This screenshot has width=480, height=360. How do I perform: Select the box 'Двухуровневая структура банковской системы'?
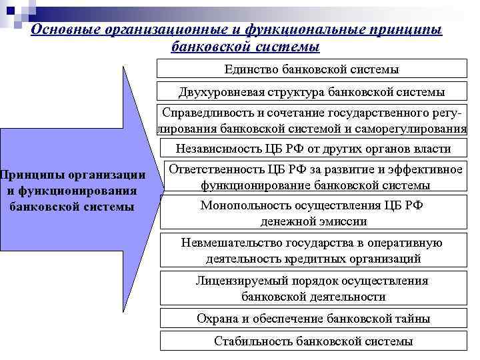click(312, 93)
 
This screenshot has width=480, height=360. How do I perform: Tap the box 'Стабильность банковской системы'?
click(313, 341)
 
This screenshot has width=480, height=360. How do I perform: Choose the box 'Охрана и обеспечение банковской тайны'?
click(313, 319)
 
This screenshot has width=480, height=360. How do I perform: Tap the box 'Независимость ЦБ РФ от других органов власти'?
click(312, 149)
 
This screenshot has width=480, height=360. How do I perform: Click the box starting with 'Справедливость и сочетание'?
click(312, 121)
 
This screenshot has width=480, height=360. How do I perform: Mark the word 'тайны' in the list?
click(414, 319)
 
